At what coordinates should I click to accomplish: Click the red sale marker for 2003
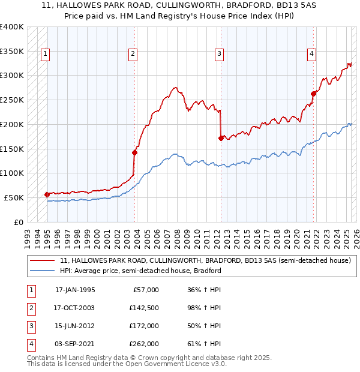coord(134,152)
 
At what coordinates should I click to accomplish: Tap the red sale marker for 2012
coord(221,138)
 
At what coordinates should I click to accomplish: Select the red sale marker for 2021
coord(313,94)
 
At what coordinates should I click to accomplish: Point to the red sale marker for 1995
coord(47,194)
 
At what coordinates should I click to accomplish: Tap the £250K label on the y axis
coord(11,100)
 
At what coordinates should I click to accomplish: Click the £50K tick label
coord(14,197)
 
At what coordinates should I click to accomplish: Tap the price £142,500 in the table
coord(144,308)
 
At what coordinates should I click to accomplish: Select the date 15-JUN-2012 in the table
coord(75,326)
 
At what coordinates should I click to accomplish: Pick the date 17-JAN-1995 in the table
coord(75,290)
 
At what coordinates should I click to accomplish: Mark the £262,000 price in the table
coord(144,344)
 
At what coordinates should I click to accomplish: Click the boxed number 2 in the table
coord(30,308)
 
